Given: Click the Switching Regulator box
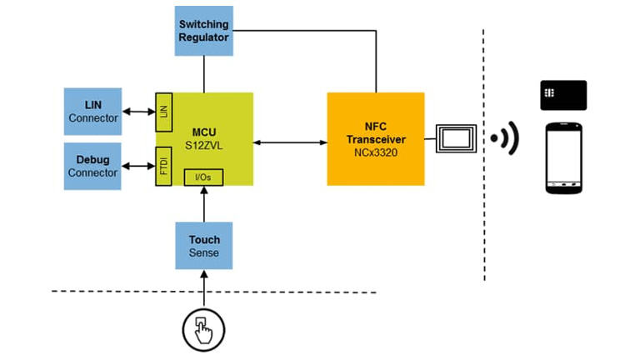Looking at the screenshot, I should (x=203, y=31).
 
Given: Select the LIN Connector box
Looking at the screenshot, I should (x=92, y=111).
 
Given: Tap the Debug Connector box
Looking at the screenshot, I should (x=92, y=165).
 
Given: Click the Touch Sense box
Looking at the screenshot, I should (x=203, y=245).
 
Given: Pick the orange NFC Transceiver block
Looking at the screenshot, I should (x=375, y=137).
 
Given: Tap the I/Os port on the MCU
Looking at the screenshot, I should (x=203, y=177).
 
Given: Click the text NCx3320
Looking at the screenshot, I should (x=375, y=154).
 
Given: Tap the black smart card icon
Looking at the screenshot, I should (x=563, y=95).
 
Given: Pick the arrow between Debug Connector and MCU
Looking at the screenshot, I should (x=138, y=165).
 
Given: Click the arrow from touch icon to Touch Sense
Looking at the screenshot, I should (x=203, y=291).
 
